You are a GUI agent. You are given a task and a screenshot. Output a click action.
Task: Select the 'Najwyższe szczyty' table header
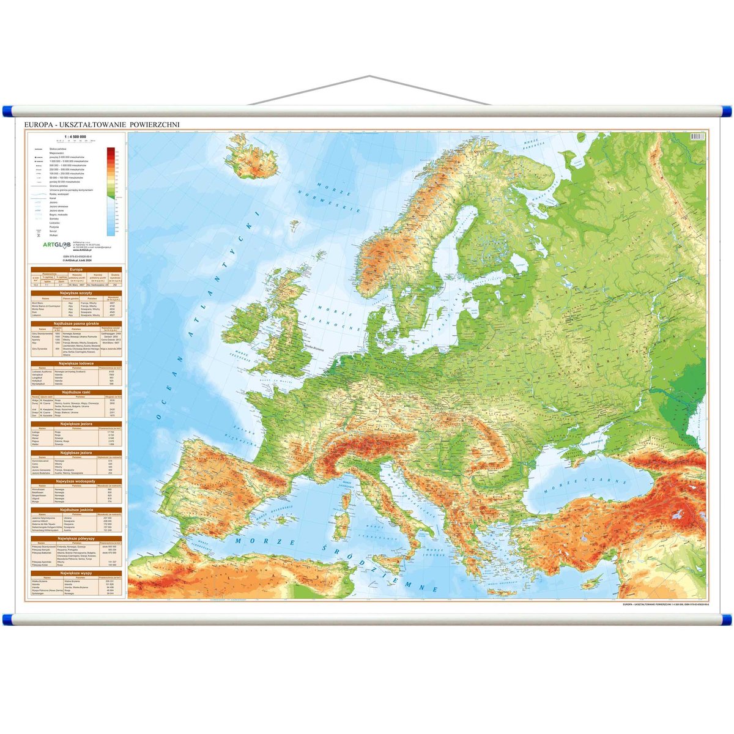click(76, 293)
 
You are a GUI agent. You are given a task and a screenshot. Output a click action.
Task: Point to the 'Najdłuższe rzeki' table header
click(76, 391)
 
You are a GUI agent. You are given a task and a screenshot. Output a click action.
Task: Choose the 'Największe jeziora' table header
click(76, 423)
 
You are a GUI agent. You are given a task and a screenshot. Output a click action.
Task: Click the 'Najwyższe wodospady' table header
click(76, 481)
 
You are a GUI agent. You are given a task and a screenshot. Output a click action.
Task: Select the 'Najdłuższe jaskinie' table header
click(76, 509)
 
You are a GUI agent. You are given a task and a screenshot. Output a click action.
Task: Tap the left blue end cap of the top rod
click(8, 111)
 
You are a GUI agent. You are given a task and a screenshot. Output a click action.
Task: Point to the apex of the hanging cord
click(369, 77)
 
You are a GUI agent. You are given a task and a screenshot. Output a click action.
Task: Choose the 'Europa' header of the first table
click(76, 269)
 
